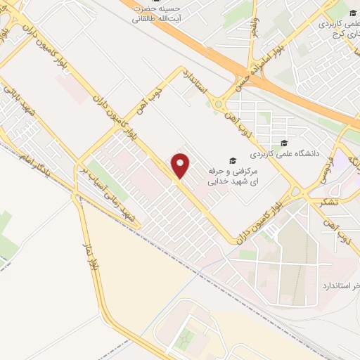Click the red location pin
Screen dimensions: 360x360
point(181,166)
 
